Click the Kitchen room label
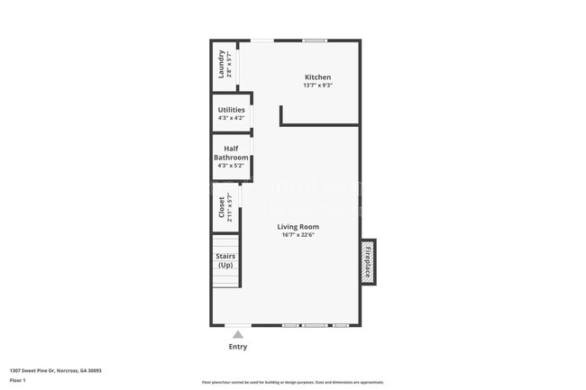pos(317,77)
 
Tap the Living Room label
pos(298,227)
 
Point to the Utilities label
pos(231,110)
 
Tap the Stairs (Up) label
pos(225,260)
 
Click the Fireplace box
pos(368,261)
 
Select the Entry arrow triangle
pos(238,334)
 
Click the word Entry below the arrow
pos(238,347)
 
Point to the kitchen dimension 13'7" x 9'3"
pos(317,86)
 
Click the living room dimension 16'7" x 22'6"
pos(298,236)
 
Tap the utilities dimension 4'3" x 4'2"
pos(231,118)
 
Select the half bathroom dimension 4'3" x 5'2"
pos(231,166)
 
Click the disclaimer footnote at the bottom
pos(292,383)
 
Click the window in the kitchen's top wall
pos(315,41)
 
